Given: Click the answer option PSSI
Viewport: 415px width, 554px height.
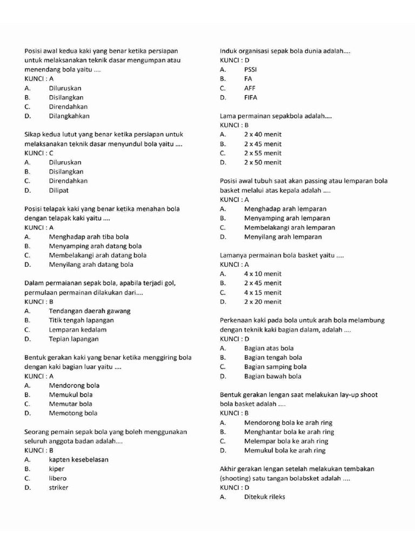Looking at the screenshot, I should [251, 70].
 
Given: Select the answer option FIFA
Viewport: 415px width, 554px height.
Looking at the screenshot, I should [251, 98].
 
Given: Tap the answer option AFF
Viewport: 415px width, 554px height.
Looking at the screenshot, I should [250, 88].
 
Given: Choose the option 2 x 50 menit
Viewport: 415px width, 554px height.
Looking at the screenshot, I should [263, 162].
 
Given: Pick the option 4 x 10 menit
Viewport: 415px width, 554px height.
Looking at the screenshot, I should [263, 274].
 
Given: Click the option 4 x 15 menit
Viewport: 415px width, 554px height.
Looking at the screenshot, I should [263, 293].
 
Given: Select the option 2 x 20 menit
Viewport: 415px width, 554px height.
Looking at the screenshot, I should [263, 302].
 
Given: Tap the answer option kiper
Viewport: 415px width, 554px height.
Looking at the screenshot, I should [57, 469].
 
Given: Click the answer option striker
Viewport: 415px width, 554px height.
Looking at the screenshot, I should [59, 487].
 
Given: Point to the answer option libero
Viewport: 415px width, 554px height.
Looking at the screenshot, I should [58, 478].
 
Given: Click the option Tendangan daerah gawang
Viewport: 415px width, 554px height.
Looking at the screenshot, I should [90, 311].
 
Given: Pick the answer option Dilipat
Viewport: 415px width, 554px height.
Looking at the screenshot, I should [59, 190].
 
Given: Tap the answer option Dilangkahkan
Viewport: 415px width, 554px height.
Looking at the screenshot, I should [69, 116].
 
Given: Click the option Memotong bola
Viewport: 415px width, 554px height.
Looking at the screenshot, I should [73, 413].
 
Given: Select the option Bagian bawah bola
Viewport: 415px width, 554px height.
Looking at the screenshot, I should [273, 377].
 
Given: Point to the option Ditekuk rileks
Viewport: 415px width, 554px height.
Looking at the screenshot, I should [265, 497].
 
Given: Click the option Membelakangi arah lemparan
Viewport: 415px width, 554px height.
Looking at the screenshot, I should [290, 228].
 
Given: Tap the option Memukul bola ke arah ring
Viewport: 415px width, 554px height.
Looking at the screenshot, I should [285, 451].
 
